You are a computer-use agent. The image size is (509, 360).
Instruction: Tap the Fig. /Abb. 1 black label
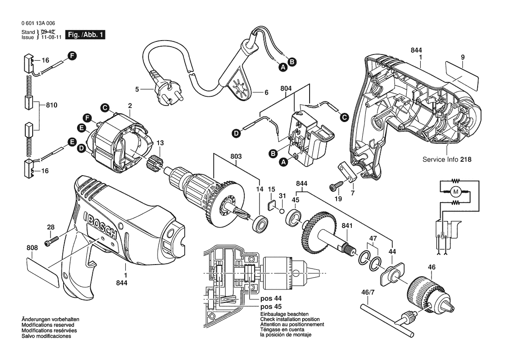pyautogui.click(x=85, y=35)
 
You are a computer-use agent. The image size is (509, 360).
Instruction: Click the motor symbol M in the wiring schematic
pyautogui.click(x=456, y=192)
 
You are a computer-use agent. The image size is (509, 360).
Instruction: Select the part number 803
pyautogui.click(x=236, y=156)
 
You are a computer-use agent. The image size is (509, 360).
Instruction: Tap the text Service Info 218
pyautogui.click(x=447, y=160)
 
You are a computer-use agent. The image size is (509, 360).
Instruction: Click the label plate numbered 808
pyautogui.click(x=42, y=271)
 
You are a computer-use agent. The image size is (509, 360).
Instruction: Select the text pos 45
pyautogui.click(x=271, y=306)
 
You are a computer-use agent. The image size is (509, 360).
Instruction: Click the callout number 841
pyautogui.click(x=347, y=225)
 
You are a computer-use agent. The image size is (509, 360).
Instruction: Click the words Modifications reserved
pyautogui.click(x=48, y=325)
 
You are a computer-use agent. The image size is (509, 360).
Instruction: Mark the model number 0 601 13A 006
pyautogui.click(x=38, y=23)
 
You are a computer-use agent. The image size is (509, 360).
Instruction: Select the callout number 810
pyautogui.click(x=51, y=105)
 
